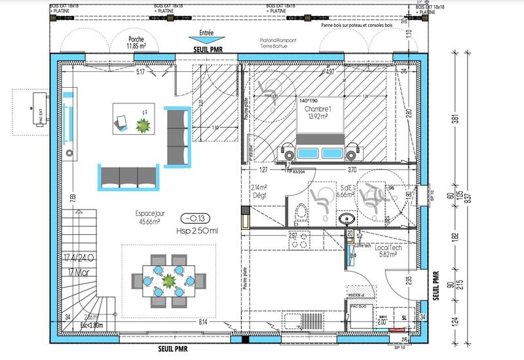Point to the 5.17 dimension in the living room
pyautogui.click(x=140, y=72)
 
